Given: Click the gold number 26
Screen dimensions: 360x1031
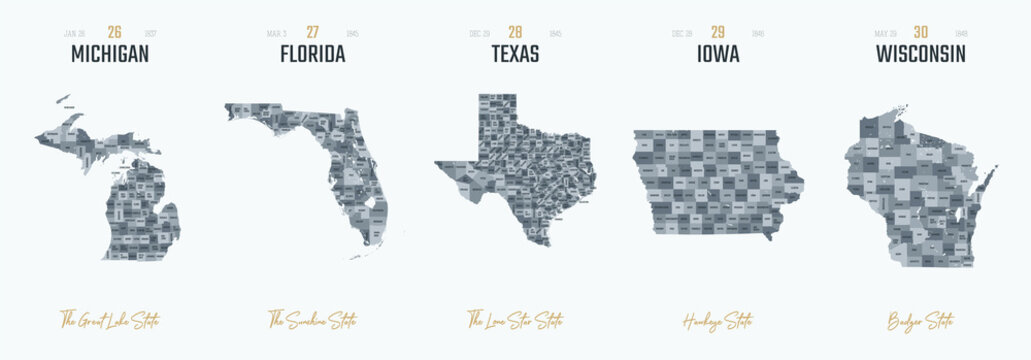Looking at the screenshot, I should [x=115, y=32].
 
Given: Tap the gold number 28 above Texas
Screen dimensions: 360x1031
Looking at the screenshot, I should [x=516, y=32].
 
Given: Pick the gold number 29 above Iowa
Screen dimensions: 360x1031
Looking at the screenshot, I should [x=718, y=32].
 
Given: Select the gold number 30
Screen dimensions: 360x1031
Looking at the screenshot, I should [x=920, y=32].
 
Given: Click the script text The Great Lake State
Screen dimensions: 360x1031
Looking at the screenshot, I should [x=109, y=321].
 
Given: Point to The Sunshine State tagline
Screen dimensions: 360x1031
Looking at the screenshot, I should [x=313, y=321].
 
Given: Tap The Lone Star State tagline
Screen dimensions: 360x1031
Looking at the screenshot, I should [x=515, y=321].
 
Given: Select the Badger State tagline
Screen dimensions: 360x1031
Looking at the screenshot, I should [x=920, y=321].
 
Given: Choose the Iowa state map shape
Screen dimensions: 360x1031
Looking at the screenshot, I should [x=715, y=180].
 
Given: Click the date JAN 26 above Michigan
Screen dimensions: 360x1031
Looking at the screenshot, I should [x=75, y=33].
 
